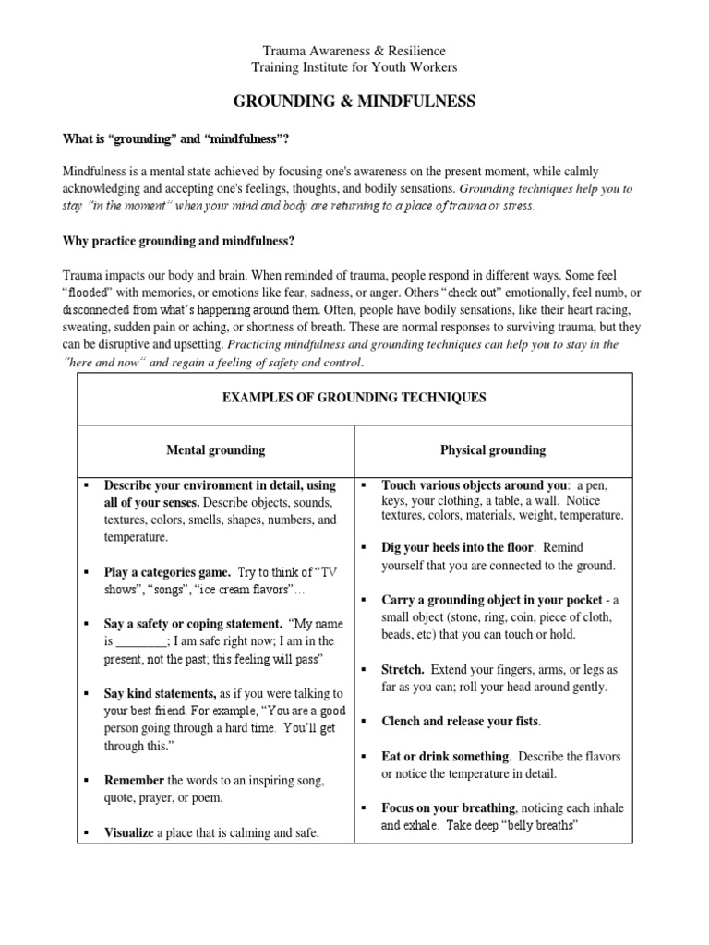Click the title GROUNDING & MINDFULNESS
[354, 102]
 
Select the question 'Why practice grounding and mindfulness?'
[178, 241]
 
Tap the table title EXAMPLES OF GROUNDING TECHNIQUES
[355, 398]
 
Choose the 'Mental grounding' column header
[215, 450]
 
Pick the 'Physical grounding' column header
[494, 450]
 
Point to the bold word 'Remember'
[133, 780]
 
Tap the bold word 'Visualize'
[128, 832]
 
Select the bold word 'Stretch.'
[403, 669]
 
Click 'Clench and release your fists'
[460, 721]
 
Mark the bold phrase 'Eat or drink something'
[445, 756]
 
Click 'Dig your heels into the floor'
[456, 547]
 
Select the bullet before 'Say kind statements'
[84, 693]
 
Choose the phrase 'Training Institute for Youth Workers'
[354, 67]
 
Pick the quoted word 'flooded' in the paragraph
[86, 293]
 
